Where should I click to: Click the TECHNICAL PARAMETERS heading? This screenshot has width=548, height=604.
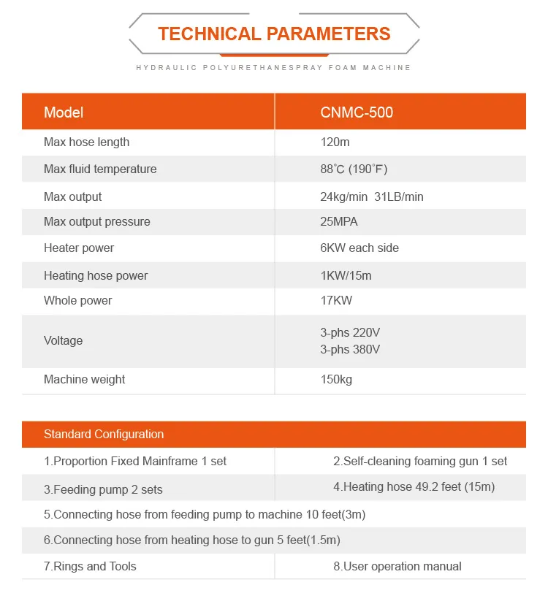[x=274, y=34]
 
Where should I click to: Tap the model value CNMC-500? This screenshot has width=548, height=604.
[x=357, y=112]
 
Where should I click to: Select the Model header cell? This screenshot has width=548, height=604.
[x=64, y=112]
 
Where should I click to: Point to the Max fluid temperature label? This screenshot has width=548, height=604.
[x=100, y=169]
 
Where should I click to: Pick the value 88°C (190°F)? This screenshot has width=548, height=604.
[x=354, y=169]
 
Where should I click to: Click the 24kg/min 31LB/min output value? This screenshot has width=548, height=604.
[x=371, y=196]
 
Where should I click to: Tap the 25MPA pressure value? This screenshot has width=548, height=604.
[x=339, y=221]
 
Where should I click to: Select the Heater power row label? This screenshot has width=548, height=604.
[x=79, y=248]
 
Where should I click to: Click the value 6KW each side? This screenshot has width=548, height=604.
[x=359, y=248]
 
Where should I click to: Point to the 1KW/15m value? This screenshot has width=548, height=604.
[x=346, y=275]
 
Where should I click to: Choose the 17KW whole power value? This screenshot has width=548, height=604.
[x=335, y=300]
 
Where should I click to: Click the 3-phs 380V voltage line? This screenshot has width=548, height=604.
[x=350, y=349]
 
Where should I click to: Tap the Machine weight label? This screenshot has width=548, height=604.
[x=84, y=379]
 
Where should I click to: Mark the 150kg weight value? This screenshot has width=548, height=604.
[x=336, y=379]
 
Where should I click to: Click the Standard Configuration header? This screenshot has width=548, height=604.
[x=104, y=434]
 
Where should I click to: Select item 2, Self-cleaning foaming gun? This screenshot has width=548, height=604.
[x=420, y=461]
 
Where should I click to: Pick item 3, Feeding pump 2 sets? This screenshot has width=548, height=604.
[x=103, y=489]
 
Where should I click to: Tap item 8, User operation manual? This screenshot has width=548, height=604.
[x=397, y=566]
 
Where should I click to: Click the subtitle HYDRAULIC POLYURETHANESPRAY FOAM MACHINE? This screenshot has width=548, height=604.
[x=274, y=67]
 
